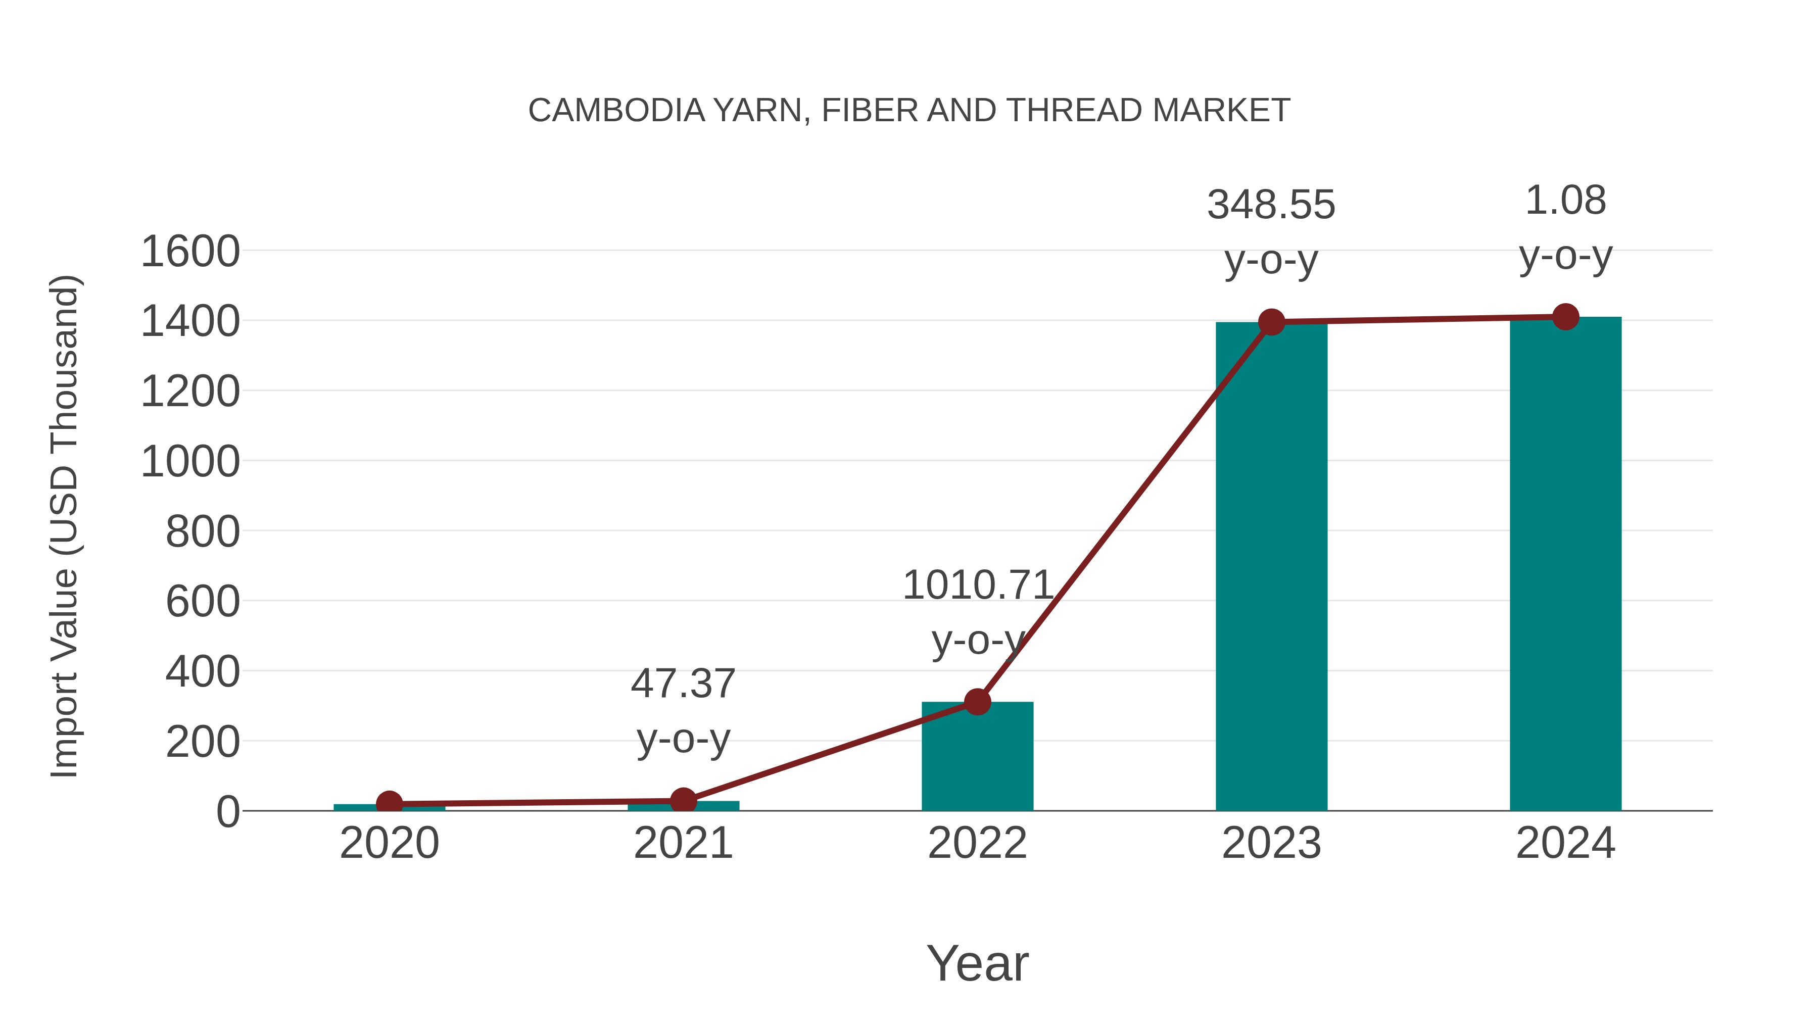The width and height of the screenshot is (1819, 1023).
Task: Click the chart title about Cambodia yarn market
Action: coord(909,111)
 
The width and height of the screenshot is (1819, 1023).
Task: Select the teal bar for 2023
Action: coord(1271,565)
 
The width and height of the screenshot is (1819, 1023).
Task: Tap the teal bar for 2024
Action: coord(1565,565)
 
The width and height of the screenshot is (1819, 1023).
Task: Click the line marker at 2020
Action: coord(389,803)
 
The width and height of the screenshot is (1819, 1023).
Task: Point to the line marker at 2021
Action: coord(683,801)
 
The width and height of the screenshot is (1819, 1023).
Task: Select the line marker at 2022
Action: coord(977,702)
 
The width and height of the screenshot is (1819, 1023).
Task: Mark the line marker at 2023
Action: coord(1271,322)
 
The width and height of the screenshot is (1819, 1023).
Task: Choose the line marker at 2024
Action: coord(1565,317)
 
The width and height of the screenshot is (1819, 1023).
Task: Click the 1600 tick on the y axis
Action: coord(190,252)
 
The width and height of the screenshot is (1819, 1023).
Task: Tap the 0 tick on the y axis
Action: coord(227,812)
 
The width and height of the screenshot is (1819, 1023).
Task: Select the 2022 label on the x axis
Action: coord(977,843)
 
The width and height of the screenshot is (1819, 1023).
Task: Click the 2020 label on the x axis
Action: coord(389,843)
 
